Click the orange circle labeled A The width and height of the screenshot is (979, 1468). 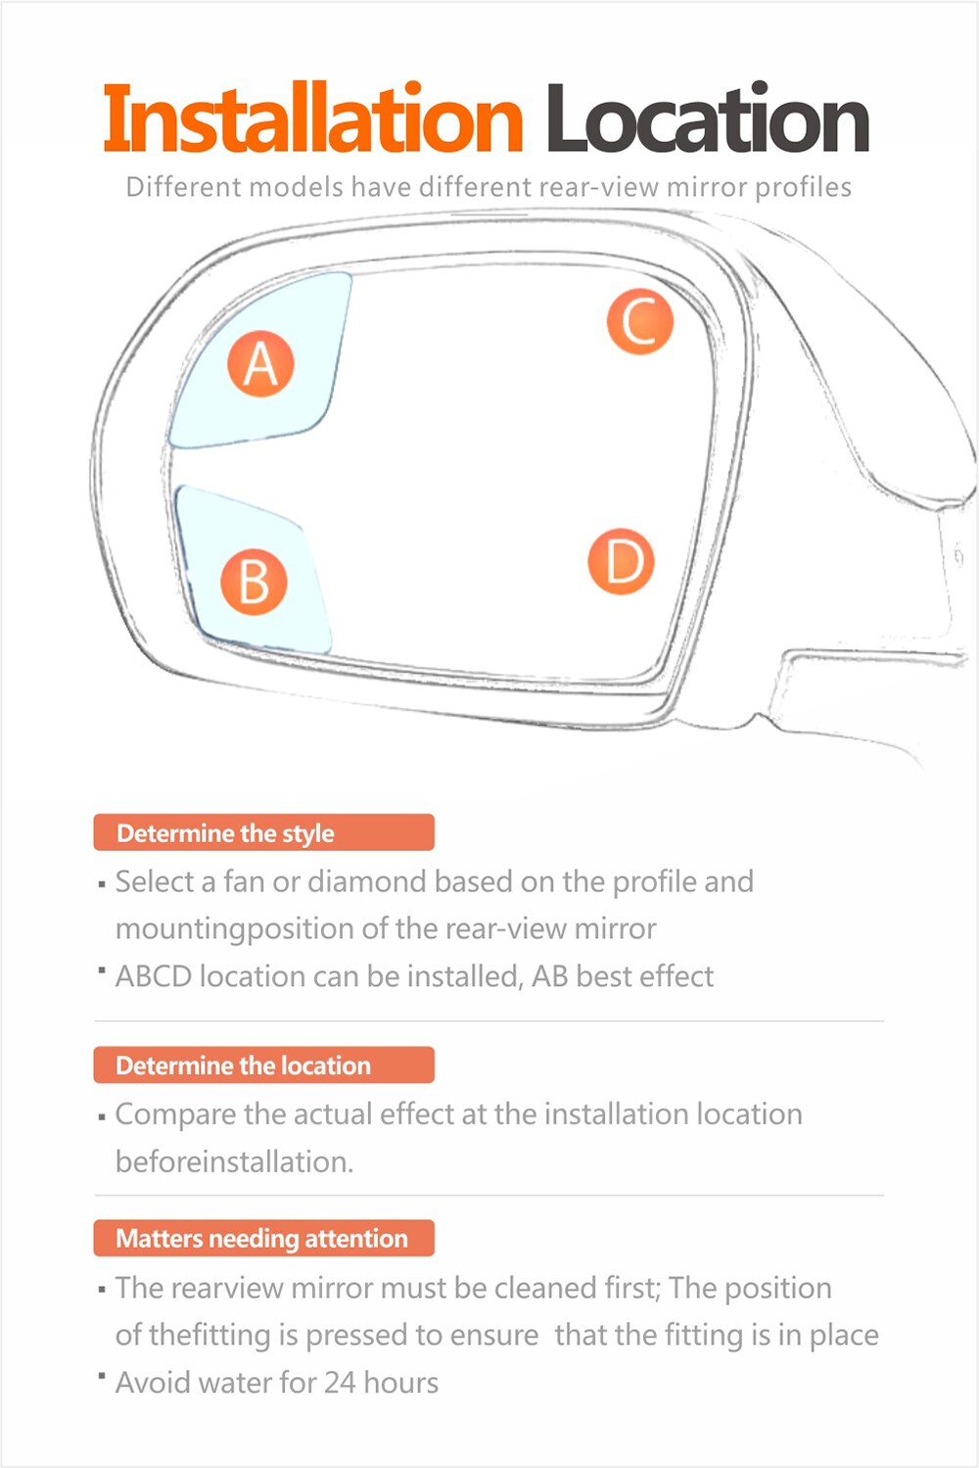(260, 363)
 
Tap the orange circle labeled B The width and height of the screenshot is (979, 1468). (254, 582)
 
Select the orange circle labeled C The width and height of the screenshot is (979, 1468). (639, 320)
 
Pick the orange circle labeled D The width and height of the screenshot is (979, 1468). (621, 561)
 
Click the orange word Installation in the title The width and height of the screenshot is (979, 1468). (313, 119)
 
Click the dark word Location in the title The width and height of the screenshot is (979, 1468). (707, 119)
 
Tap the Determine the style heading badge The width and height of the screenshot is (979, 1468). (263, 833)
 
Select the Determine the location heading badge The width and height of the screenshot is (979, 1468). (263, 1065)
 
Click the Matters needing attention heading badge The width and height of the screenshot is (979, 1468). (263, 1239)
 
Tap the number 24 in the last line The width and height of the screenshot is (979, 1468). (340, 1383)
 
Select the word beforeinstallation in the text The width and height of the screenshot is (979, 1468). (233, 1162)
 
